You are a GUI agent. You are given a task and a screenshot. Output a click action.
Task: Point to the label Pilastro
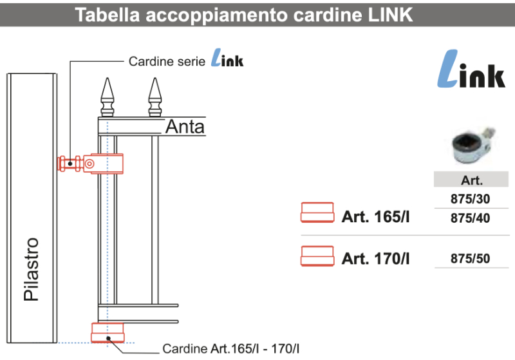[x=31, y=269]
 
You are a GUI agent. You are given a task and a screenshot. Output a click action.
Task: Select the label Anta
[x=185, y=127]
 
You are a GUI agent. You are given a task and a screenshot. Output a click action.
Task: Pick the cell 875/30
[x=471, y=199]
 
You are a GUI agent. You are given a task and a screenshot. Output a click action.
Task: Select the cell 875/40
[x=471, y=218]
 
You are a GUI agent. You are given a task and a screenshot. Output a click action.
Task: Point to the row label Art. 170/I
[x=376, y=259]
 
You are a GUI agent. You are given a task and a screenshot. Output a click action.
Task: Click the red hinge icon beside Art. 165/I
[x=317, y=213]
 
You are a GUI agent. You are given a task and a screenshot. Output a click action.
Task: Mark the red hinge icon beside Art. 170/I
[x=317, y=255]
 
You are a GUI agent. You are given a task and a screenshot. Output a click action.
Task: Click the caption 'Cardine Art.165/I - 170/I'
[x=231, y=349]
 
